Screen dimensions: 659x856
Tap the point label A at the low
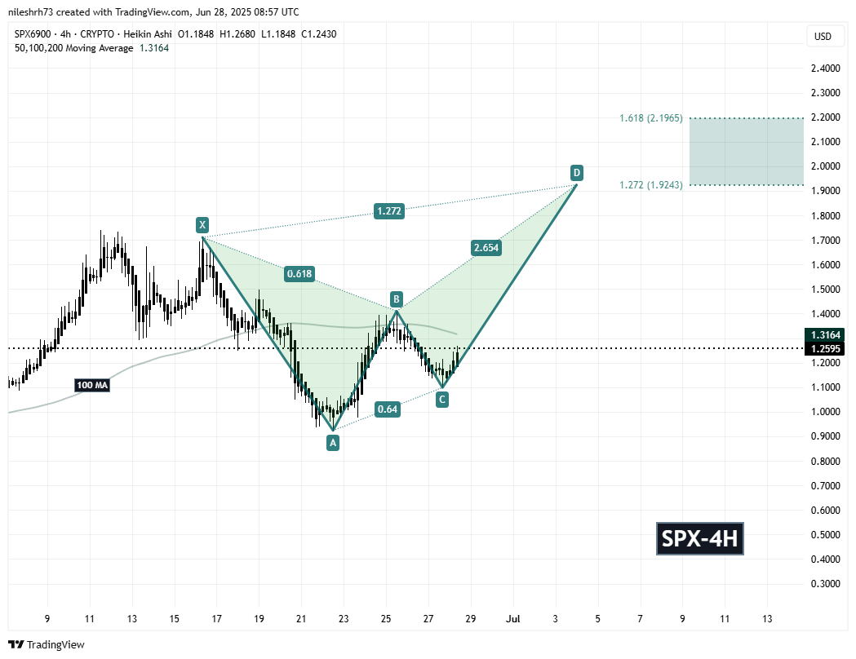(332, 442)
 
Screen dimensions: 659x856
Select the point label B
(396, 298)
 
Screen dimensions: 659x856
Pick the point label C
(441, 399)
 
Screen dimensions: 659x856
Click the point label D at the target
(576, 172)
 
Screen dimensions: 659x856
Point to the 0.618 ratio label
(299, 273)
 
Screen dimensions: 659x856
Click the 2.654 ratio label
(486, 248)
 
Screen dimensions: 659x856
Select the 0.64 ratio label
(388, 409)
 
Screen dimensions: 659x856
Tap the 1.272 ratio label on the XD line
(388, 211)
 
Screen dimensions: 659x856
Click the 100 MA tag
(92, 383)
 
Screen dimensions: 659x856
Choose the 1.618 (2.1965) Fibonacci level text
(650, 118)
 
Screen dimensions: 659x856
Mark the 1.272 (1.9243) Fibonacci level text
(650, 185)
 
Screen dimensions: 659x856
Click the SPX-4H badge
(700, 539)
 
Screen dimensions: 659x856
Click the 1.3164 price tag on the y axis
(824, 334)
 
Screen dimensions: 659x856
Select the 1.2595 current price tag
(824, 348)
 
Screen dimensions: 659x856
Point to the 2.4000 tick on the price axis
(823, 68)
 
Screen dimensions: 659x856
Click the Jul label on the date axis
(514, 620)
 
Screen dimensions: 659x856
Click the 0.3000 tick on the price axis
(823, 584)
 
